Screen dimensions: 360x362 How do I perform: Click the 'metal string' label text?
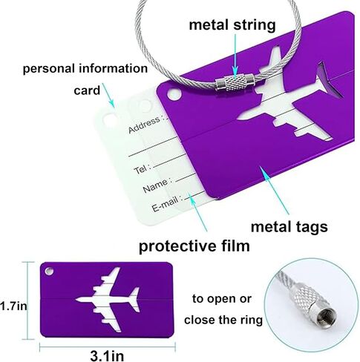point(232,25)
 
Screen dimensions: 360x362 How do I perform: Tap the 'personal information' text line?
point(85,69)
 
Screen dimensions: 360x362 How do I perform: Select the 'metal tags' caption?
point(289,227)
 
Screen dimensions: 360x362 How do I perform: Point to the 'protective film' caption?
point(194,246)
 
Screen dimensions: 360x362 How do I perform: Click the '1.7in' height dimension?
point(13,306)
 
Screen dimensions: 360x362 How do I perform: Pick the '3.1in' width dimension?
point(107,356)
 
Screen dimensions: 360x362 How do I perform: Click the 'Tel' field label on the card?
point(140,169)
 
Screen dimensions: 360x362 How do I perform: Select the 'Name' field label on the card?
point(155,185)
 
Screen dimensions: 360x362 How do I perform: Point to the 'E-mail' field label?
point(165,204)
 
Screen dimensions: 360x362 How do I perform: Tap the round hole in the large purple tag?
point(174,94)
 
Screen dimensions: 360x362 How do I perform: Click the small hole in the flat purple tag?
point(49,271)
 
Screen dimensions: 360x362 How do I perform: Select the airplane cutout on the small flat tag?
point(108,300)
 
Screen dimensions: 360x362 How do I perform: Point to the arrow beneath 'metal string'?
point(235,55)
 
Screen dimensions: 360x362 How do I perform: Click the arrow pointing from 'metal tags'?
point(274,190)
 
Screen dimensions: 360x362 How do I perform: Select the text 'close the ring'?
point(223,320)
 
